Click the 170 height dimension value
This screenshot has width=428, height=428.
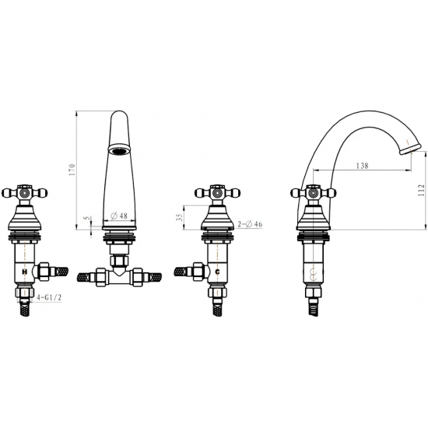coord(72,170)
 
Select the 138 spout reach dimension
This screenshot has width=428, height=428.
coord(362,166)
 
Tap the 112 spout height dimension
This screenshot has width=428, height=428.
coord(422,190)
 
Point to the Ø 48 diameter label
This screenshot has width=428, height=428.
coord(119,216)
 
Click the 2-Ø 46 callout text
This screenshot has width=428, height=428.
coord(250,224)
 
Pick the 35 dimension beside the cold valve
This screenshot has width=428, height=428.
coord(179,218)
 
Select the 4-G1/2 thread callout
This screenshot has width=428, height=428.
coord(49,297)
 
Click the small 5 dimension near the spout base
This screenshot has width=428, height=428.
coord(87,219)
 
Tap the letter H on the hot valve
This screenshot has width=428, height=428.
coord(25,272)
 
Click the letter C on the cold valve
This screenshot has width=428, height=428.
coord(218,272)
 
